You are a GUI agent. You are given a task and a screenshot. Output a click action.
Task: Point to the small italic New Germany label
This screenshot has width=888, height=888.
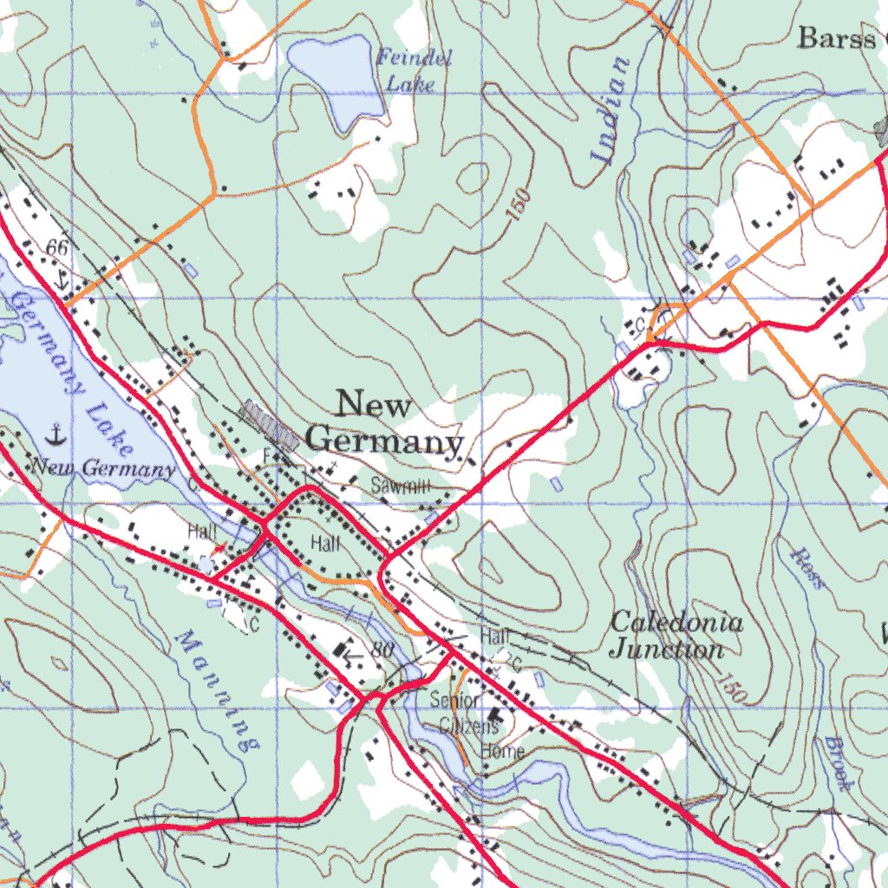(103, 469)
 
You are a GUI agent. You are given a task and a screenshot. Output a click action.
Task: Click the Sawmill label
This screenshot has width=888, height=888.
(400, 486)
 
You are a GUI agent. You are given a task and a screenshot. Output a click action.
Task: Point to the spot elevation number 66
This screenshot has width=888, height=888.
(57, 249)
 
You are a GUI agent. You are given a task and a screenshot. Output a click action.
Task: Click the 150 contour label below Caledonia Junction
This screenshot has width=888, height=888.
(732, 688)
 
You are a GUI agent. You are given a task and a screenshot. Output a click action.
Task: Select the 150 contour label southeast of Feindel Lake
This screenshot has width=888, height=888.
(518, 205)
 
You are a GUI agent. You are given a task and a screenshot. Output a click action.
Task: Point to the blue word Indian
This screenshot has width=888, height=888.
(610, 110)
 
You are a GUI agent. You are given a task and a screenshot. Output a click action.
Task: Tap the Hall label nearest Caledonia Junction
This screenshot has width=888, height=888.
(495, 636)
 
